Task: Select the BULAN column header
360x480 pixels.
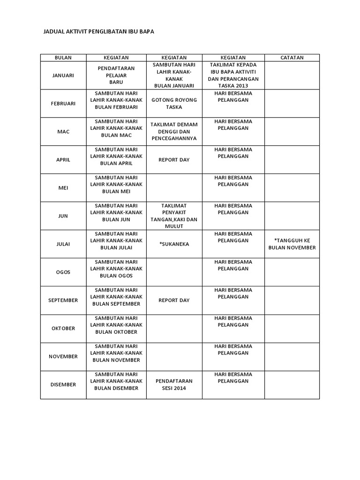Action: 63,58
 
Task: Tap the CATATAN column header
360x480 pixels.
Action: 292,58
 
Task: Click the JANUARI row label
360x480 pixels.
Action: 63,75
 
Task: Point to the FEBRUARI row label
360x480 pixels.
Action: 63,104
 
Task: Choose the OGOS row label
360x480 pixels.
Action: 63,272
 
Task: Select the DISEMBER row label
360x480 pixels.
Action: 63,385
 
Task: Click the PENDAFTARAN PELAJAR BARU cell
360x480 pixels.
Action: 116,75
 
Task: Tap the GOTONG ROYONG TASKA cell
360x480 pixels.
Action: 174,104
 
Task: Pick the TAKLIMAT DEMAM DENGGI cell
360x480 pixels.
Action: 174,131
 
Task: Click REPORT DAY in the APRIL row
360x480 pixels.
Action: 174,160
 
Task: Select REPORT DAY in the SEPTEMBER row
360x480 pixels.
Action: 174,300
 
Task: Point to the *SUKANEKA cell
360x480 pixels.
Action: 174,244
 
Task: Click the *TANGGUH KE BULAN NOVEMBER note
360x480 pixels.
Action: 292,244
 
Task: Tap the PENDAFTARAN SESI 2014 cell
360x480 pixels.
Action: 174,385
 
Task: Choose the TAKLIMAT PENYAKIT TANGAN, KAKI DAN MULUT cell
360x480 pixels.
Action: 174,216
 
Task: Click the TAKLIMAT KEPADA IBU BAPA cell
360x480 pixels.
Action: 233,75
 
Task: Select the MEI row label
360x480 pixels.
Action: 63,188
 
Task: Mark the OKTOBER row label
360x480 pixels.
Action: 63,329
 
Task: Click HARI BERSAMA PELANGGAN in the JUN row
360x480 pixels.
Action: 233,209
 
